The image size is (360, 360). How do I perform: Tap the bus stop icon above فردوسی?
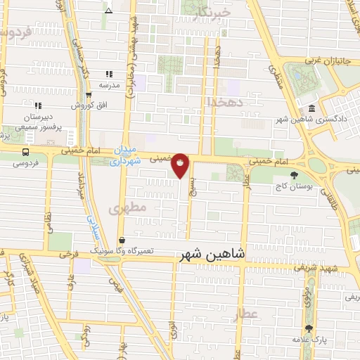(26, 152)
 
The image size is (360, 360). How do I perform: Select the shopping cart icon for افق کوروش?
(89, 96)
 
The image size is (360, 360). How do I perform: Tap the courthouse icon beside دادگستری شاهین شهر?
(311, 108)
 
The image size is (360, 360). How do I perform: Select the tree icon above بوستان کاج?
(294, 176)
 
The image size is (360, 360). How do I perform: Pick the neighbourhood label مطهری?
(128, 208)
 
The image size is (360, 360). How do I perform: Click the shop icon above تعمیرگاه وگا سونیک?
(121, 240)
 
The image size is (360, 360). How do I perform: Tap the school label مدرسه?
(109, 84)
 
